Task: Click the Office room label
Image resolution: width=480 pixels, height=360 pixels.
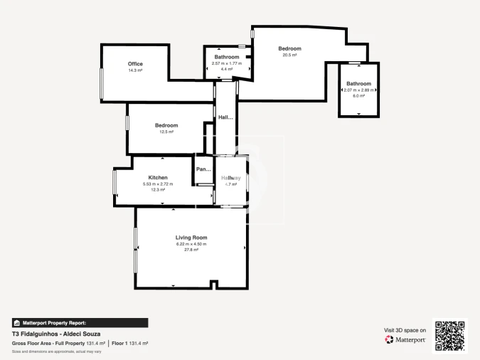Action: (135, 64)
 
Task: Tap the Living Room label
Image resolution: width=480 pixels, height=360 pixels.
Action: (191, 237)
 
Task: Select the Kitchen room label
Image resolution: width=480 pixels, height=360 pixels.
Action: (158, 177)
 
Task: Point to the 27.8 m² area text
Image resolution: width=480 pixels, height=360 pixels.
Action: (191, 250)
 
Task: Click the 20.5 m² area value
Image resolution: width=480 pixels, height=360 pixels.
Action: (289, 55)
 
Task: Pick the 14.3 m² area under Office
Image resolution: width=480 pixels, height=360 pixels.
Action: (135, 70)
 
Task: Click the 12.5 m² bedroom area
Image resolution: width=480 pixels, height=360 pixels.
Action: (166, 132)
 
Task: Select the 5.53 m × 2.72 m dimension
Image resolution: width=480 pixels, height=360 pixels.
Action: (158, 184)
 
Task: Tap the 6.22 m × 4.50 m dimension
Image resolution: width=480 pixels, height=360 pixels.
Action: (191, 244)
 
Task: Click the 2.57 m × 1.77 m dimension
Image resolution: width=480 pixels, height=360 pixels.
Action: (227, 63)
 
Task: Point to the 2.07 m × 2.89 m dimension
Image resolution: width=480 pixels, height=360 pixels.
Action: (359, 90)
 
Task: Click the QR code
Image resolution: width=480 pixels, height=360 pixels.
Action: (449, 335)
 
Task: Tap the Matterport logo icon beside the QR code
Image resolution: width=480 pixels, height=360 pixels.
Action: (389, 339)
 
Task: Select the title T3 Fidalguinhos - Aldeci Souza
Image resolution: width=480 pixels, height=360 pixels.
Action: (56, 334)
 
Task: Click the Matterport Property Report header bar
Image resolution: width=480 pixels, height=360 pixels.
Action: (80, 322)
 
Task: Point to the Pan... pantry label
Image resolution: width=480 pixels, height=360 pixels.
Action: (204, 169)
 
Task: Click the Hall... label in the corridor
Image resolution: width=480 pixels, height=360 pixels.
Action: (225, 117)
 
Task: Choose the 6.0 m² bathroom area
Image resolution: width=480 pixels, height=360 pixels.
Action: (358, 96)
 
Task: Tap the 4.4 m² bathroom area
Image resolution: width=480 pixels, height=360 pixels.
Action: (227, 69)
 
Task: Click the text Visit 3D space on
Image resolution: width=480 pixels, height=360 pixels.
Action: (405, 330)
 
